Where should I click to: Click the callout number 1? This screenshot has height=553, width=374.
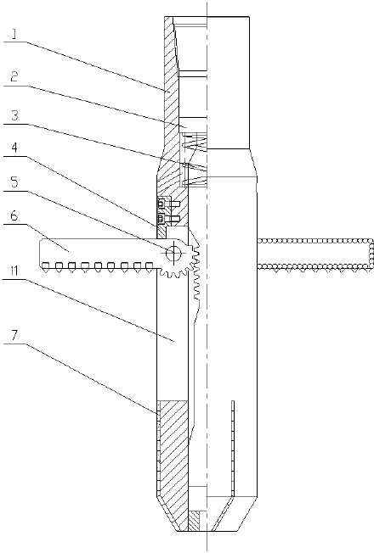click(x=14, y=34)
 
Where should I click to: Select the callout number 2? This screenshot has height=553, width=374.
click(x=14, y=76)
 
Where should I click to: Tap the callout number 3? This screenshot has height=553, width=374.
click(x=14, y=115)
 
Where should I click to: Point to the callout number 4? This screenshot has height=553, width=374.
click(x=14, y=148)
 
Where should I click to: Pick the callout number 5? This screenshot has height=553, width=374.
click(x=14, y=182)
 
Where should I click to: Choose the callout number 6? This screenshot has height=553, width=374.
click(x=14, y=215)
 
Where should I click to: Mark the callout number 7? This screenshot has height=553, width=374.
click(x=14, y=335)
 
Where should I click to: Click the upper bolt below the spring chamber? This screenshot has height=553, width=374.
click(x=169, y=204)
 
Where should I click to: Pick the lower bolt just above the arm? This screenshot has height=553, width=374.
click(x=169, y=219)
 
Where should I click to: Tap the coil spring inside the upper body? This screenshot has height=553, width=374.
click(x=195, y=159)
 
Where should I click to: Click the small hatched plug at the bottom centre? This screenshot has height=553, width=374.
click(x=195, y=522)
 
